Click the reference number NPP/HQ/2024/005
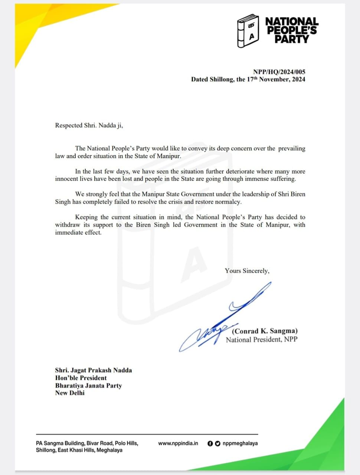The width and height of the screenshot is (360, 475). [x=279, y=72]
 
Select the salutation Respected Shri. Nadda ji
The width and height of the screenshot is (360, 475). [x=89, y=125]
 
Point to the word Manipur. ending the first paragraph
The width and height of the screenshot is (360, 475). [x=169, y=156]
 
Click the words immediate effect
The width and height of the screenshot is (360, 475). [x=78, y=233]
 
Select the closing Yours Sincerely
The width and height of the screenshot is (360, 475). [x=247, y=271]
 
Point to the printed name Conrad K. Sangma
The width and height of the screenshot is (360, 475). [x=265, y=331]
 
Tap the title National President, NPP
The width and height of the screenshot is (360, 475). [x=262, y=340]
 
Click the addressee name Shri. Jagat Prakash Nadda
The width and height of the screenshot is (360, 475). [x=93, y=370]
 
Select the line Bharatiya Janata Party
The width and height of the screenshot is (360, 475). [x=88, y=386]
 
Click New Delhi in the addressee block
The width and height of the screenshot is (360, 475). [x=70, y=393]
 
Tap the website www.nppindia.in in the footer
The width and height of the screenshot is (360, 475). [x=178, y=443]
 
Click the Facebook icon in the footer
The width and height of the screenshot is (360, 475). [x=210, y=443]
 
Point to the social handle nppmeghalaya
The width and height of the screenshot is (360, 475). [x=240, y=443]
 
